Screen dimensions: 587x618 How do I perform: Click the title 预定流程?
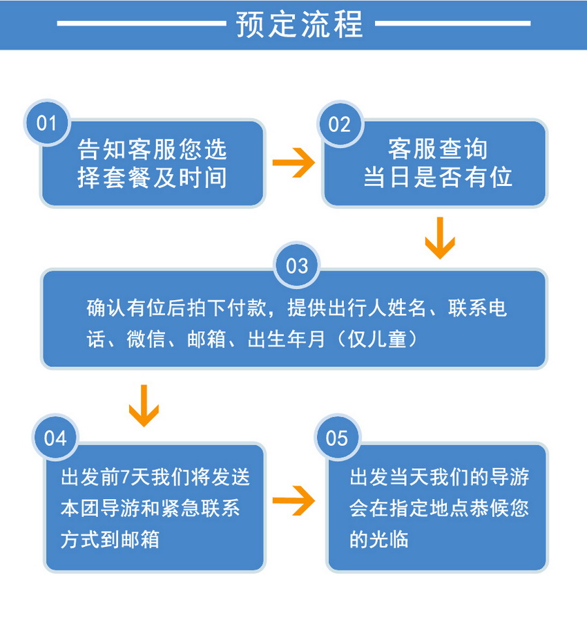(299, 24)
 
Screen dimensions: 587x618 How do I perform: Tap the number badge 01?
(47, 123)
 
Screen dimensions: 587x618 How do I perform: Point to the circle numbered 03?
(297, 265)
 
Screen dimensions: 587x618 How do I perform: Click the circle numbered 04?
(55, 438)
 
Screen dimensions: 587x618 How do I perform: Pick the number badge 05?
(338, 438)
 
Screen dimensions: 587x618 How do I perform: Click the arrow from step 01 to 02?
(293, 162)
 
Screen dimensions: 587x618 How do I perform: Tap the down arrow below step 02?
(440, 238)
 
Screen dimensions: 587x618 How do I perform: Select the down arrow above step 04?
(144, 406)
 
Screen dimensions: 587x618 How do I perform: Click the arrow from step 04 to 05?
(293, 500)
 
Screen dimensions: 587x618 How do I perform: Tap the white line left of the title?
(142, 24)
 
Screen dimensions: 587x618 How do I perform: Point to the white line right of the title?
(453, 24)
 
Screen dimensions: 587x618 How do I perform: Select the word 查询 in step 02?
(463, 149)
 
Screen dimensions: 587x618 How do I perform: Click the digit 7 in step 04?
(126, 477)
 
